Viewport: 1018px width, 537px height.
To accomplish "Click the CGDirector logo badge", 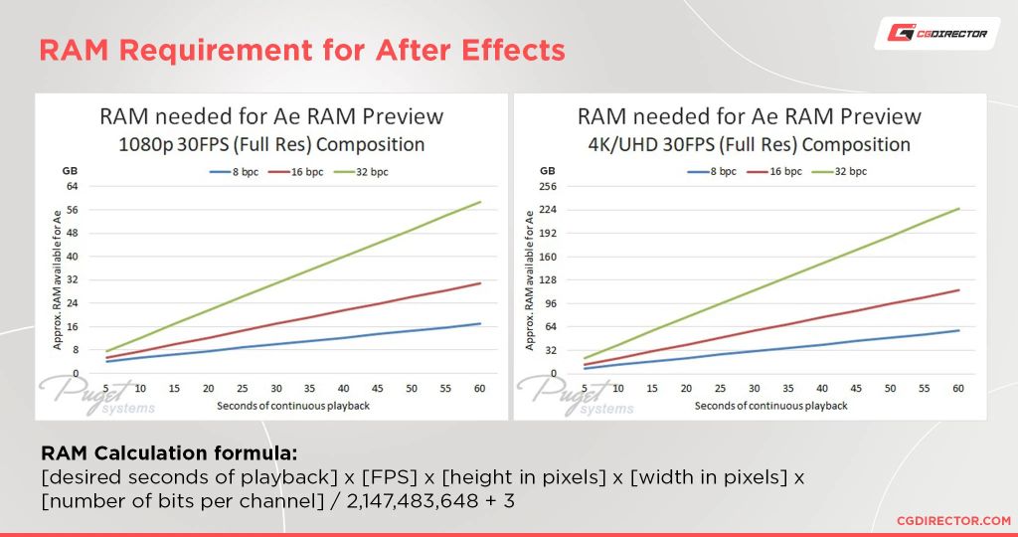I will (x=936, y=34).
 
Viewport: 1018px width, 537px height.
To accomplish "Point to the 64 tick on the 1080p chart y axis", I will (x=73, y=186).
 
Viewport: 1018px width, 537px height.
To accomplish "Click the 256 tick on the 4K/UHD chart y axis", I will (x=547, y=186).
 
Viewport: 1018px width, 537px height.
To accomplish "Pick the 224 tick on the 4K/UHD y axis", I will (x=547, y=210).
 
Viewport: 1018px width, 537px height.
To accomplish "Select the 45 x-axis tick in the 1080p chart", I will (x=379, y=388).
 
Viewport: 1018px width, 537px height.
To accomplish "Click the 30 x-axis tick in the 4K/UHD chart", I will (x=754, y=388).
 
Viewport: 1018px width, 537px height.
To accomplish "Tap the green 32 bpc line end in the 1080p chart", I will (x=480, y=203).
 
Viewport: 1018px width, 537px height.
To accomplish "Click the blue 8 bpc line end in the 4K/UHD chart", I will (x=958, y=330).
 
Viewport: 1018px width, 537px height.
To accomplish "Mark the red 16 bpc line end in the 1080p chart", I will (x=480, y=283).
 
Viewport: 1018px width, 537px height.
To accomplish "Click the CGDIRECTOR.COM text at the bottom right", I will (x=952, y=520).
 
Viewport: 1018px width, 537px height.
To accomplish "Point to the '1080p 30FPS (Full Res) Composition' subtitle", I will (x=271, y=144).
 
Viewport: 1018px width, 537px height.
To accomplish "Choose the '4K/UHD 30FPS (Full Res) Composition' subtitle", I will (x=749, y=144).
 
